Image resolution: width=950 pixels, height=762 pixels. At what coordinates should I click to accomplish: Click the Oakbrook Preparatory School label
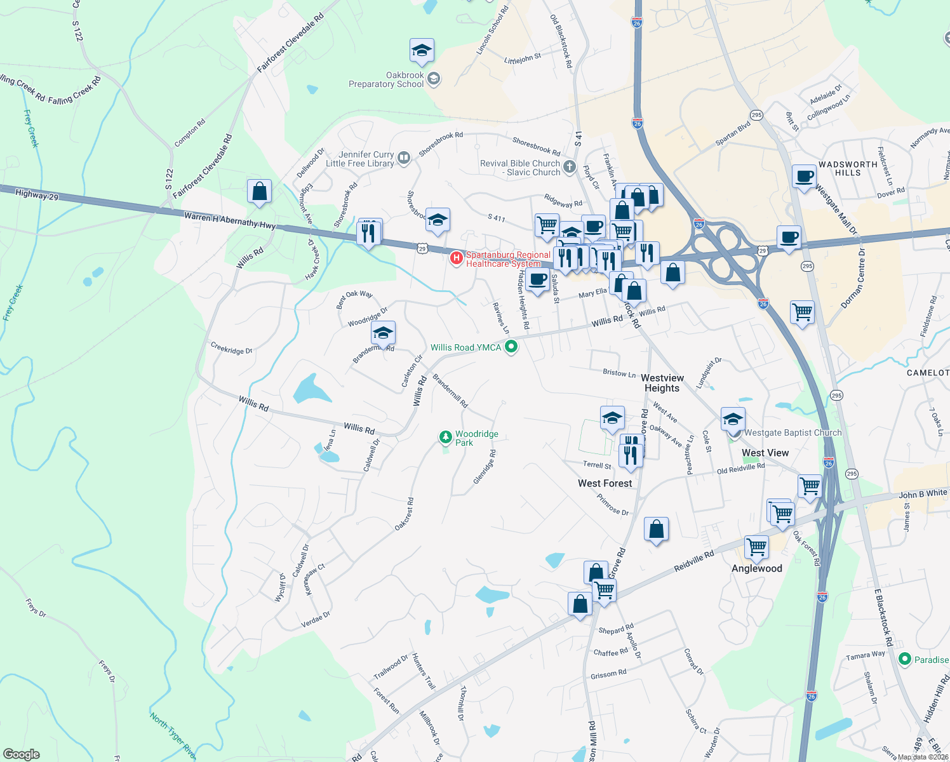click(x=386, y=79)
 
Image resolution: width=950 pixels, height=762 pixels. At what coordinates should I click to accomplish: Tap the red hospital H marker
click(x=456, y=258)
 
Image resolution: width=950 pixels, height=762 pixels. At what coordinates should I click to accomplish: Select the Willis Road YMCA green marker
click(x=511, y=347)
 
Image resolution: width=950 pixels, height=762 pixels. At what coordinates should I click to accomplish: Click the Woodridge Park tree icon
click(x=446, y=438)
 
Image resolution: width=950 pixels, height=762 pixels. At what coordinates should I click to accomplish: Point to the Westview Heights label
click(x=662, y=383)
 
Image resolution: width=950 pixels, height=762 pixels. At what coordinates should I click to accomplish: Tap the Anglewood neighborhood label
click(x=756, y=568)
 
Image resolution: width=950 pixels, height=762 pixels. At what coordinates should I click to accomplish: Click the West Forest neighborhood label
click(x=605, y=483)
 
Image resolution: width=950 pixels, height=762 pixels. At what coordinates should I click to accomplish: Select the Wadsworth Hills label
click(x=848, y=168)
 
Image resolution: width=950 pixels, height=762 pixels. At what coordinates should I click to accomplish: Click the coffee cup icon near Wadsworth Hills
click(x=804, y=177)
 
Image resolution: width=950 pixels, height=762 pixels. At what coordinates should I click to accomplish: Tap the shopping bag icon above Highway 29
click(x=259, y=191)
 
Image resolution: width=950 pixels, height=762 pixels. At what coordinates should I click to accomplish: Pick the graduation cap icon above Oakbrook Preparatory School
click(x=421, y=50)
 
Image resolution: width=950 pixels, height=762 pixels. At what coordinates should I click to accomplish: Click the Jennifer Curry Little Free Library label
click(x=360, y=159)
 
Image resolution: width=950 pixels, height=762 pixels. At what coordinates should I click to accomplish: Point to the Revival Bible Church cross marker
click(x=570, y=167)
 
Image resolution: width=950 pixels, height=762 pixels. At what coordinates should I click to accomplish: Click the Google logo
click(x=21, y=754)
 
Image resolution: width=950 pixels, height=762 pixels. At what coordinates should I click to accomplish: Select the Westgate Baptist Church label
click(x=793, y=432)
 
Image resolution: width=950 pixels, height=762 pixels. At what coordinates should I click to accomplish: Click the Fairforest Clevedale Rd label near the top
click(x=290, y=43)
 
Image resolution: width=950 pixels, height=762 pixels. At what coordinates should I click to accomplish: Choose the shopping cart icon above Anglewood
click(x=756, y=546)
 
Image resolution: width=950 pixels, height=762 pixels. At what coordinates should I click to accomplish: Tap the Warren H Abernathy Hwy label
click(x=230, y=220)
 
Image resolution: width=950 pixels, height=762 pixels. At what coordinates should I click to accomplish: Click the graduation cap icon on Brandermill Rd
click(x=383, y=333)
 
